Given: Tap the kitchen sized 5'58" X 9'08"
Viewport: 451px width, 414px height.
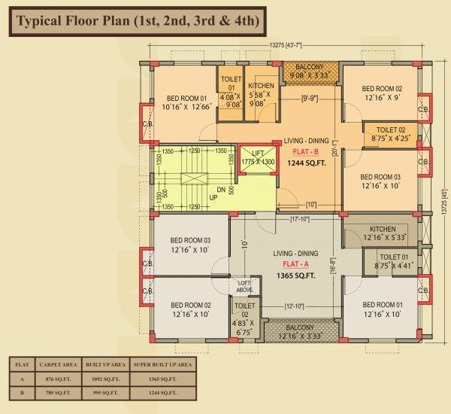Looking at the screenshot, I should (261, 96).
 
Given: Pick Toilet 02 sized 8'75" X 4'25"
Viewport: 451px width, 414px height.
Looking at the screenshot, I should (391, 134).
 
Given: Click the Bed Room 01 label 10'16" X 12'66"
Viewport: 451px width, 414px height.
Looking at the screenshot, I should (182, 103).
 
